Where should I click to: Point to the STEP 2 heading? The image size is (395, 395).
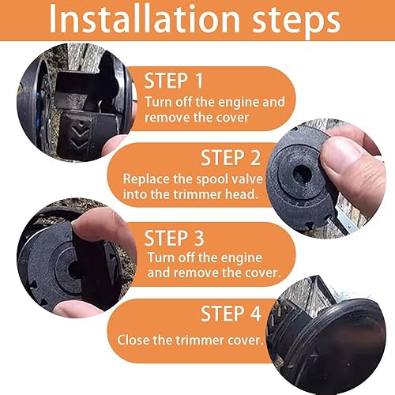tap(231, 157)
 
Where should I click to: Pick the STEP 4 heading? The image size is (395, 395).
tap(230, 314)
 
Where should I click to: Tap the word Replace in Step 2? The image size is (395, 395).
tap(145, 179)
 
